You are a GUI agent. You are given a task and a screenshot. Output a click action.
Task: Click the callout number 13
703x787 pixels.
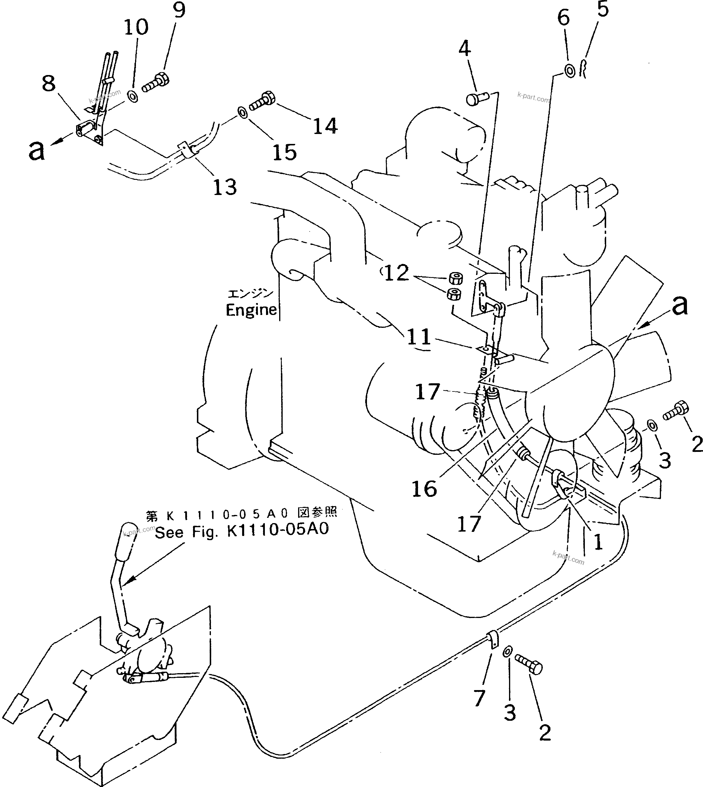tap(225, 187)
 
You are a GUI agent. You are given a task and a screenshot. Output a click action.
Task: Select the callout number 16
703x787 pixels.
tap(424, 489)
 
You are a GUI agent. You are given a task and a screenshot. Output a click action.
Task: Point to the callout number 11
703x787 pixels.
tap(419, 336)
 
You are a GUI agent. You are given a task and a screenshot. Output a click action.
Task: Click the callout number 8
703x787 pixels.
tap(49, 83)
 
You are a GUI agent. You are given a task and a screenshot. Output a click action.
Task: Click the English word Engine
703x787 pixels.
tap(251, 310)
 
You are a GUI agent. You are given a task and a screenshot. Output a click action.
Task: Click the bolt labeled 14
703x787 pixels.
tap(262, 101)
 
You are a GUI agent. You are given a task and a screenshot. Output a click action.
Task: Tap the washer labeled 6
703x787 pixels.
tap(570, 71)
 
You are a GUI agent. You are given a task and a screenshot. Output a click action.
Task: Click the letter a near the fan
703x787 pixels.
tap(680, 305)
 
